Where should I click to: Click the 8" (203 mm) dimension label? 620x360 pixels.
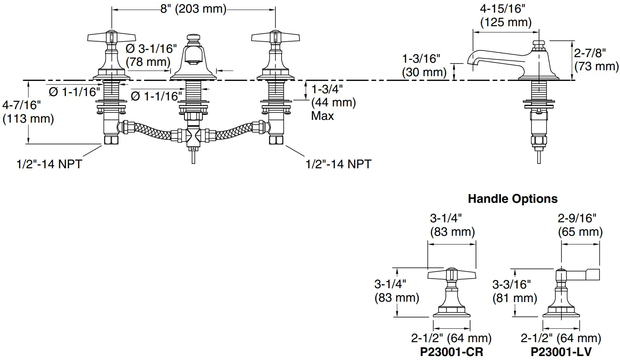tap(194, 9)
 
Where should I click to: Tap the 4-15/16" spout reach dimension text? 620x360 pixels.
tap(502, 9)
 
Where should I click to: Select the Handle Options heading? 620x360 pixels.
tap(513, 199)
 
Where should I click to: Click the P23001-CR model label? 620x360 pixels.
tap(452, 352)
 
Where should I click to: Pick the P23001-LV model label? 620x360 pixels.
tap(561, 352)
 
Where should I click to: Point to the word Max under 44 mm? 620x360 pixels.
tap(322, 116)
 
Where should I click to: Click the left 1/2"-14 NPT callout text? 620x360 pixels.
tap(49, 164)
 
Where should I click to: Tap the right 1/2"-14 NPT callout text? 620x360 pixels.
tap(338, 164)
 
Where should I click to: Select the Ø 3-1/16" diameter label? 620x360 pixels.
tap(151, 49)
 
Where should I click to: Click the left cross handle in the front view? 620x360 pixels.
tap(111, 37)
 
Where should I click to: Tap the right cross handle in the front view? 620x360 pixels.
tap(275, 37)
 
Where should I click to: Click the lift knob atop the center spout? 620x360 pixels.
tap(193, 40)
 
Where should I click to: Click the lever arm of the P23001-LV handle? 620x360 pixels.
tap(583, 275)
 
